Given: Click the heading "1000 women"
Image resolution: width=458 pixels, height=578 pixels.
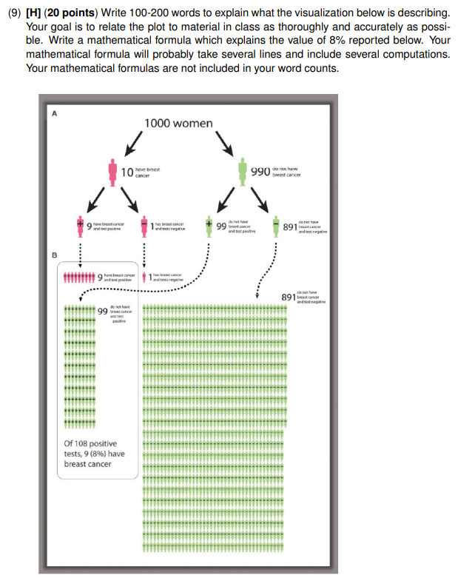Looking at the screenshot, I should pos(178,123).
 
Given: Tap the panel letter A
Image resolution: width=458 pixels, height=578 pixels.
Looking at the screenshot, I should pos(53,112).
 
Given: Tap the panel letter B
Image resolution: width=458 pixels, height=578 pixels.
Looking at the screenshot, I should pos(53,255).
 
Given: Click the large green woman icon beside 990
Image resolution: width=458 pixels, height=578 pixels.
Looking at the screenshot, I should pos(244,172).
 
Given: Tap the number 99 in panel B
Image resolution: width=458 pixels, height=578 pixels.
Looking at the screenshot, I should pos(102,312).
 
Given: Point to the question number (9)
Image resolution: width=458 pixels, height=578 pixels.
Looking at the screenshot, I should pos(16,14).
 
